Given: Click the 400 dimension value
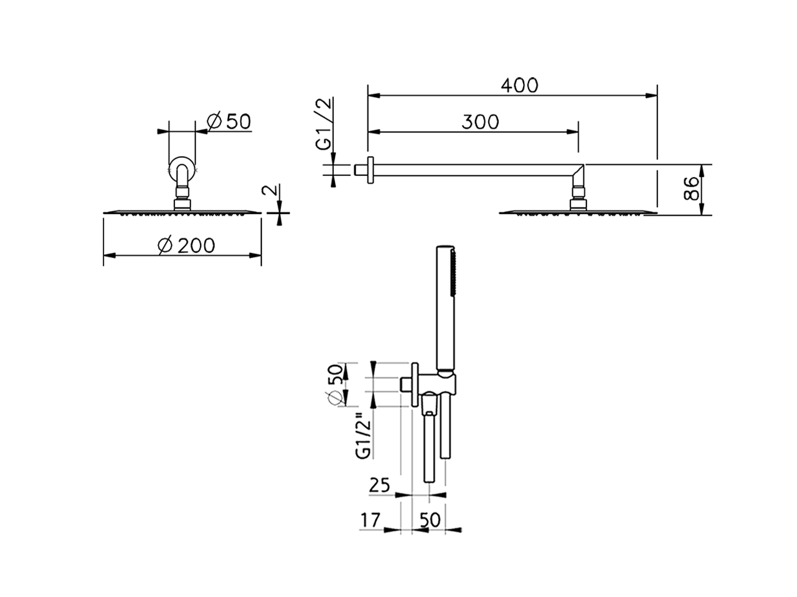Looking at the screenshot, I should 519,85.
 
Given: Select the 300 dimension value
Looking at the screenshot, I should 480,122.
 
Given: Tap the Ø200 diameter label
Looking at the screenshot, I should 186,246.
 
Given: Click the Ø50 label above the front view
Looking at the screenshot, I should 229,121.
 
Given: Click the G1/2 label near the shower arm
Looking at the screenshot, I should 325,124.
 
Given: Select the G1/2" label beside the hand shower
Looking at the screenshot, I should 364,435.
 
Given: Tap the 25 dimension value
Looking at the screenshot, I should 380,484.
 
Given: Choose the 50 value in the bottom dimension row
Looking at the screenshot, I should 429,520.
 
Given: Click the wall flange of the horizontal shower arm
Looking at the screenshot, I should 369,170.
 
